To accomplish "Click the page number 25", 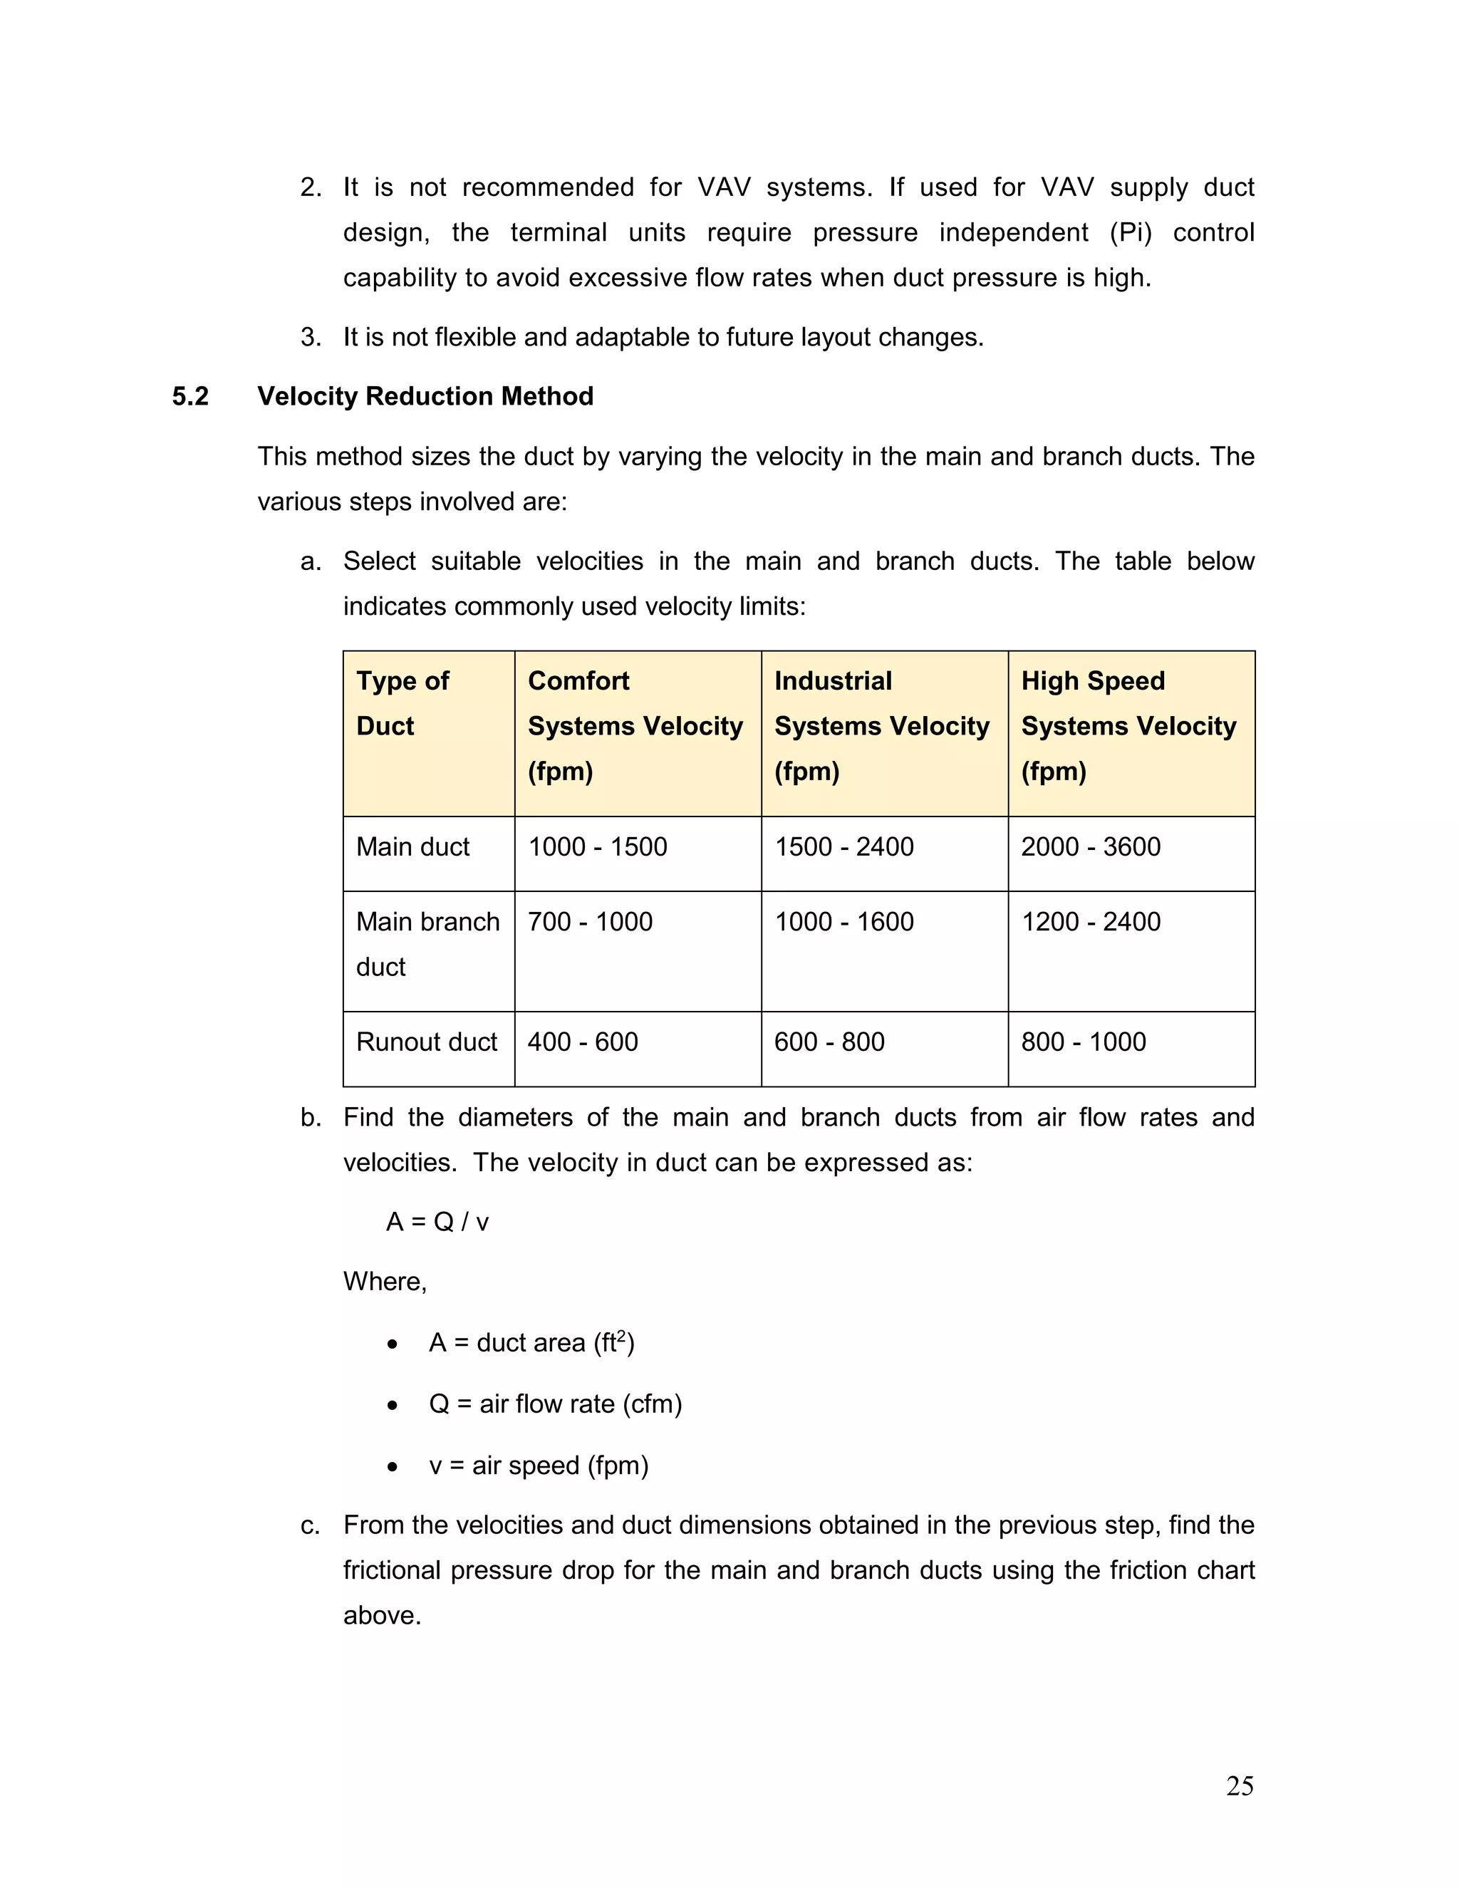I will pyautogui.click(x=1240, y=1786).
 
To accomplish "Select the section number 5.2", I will pyautogui.click(x=190, y=397).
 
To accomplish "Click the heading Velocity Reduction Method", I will pyautogui.click(x=425, y=397).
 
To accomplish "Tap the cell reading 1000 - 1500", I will pyautogui.click(x=597, y=847).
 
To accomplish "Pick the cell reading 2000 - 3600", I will pyautogui.click(x=1090, y=847).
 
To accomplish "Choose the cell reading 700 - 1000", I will pyautogui.click(x=589, y=923).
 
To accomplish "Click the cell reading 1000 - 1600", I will pyautogui.click(x=843, y=923).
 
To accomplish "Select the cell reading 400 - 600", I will pyautogui.click(x=583, y=1042).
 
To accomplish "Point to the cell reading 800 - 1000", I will pyautogui.click(x=1083, y=1042).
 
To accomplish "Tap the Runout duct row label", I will pyautogui.click(x=426, y=1042).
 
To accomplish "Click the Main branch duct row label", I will pyautogui.click(x=427, y=944).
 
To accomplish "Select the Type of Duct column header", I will pyautogui.click(x=403, y=704).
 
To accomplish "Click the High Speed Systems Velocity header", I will pyautogui.click(x=1128, y=726).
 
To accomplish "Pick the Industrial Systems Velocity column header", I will pyautogui.click(x=881, y=726).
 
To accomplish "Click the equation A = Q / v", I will pyautogui.click(x=437, y=1223).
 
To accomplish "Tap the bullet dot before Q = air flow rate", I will pyautogui.click(x=393, y=1406).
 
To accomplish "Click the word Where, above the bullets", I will pyautogui.click(x=385, y=1281).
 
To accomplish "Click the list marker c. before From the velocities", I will pyautogui.click(x=311, y=1526).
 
